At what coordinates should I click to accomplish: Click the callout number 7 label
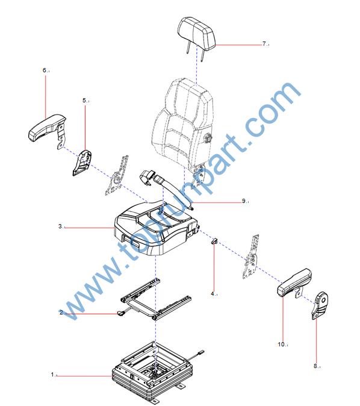(264, 44)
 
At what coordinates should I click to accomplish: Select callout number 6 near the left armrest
(45, 70)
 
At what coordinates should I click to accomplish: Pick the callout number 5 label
(84, 100)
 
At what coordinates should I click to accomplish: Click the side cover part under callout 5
(82, 163)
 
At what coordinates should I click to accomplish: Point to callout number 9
(244, 201)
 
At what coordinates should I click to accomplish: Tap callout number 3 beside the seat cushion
(60, 226)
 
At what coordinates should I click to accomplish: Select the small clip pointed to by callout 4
(214, 242)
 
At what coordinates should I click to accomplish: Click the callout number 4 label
(213, 293)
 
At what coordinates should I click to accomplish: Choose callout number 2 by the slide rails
(61, 312)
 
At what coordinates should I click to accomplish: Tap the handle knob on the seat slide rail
(120, 313)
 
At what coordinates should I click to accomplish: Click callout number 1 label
(52, 375)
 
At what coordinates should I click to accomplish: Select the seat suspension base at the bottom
(153, 373)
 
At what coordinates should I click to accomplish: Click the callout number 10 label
(281, 345)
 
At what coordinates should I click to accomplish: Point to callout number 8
(315, 366)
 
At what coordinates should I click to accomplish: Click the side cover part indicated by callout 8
(320, 305)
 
